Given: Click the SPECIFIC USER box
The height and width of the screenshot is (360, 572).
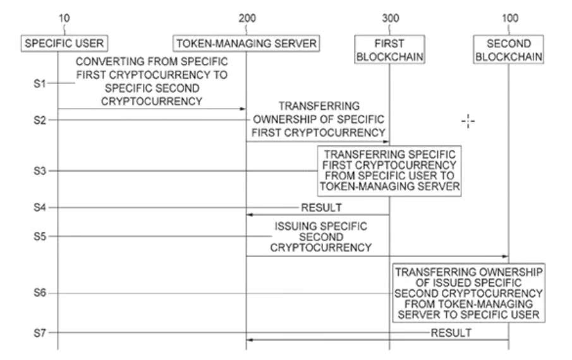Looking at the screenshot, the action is (x=64, y=44).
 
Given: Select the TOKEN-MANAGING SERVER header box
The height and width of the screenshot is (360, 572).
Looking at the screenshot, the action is (x=246, y=44).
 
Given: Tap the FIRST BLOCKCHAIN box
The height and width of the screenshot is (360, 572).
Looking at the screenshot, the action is (x=389, y=49).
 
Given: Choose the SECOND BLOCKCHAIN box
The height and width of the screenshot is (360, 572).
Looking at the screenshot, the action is (x=509, y=49).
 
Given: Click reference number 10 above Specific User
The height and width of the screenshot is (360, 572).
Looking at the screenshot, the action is (x=64, y=18).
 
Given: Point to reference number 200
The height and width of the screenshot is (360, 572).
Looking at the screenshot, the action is (x=247, y=18).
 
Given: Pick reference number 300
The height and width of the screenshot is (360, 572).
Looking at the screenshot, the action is (x=391, y=18).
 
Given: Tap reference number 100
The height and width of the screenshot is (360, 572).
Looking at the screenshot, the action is (x=510, y=18).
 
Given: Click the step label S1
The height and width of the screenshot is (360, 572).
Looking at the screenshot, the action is (x=40, y=83).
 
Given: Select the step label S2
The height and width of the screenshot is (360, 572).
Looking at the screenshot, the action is (x=40, y=120).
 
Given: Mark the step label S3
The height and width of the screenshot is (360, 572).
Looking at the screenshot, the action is (x=40, y=171).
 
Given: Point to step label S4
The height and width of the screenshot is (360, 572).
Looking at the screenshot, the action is (x=40, y=207).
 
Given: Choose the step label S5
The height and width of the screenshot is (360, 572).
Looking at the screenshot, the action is (x=40, y=236).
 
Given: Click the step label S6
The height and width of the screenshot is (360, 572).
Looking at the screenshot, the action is (x=40, y=292).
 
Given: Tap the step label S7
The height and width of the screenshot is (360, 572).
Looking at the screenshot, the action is (x=40, y=333).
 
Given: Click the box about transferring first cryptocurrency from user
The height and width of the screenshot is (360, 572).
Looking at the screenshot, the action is (x=389, y=171).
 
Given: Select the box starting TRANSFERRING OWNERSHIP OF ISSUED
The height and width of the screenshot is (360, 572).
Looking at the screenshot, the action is (x=468, y=293).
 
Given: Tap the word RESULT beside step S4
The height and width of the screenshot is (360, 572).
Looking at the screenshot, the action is (x=321, y=208).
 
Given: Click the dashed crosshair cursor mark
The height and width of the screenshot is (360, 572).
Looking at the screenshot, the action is (x=468, y=121).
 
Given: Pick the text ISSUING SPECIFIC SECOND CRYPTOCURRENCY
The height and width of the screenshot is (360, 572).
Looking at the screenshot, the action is (x=320, y=237).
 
